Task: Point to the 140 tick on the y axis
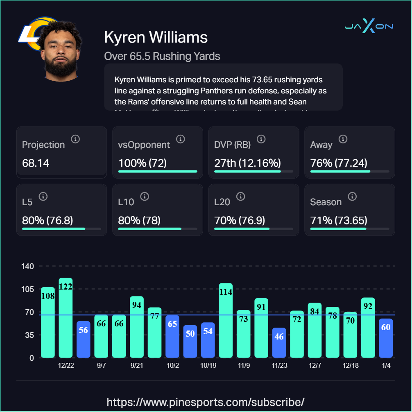tap(28, 266)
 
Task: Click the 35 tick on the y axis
tap(28, 335)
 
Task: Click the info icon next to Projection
tap(75, 139)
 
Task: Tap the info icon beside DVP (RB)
tap(261, 139)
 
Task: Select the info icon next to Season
tap(352, 197)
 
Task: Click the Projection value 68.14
tap(36, 163)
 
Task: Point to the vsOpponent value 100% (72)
tap(143, 163)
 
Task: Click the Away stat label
tap(321, 145)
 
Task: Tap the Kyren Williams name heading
tap(156, 37)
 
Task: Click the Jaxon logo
tap(369, 27)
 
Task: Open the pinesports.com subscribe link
tap(206, 402)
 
